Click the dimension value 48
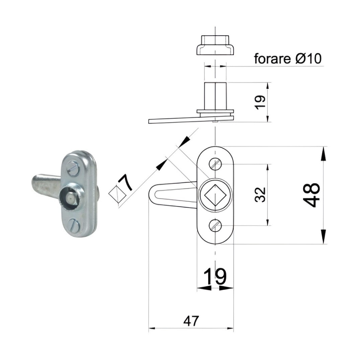[x=311, y=195]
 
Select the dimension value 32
[x=260, y=195]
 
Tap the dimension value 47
[x=191, y=321]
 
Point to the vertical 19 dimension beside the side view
[x=260, y=102]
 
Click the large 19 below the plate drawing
[x=215, y=276]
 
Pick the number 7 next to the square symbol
[x=126, y=183]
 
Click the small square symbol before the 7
[x=117, y=194]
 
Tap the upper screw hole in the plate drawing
[x=215, y=164]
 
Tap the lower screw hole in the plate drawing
[x=215, y=225]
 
